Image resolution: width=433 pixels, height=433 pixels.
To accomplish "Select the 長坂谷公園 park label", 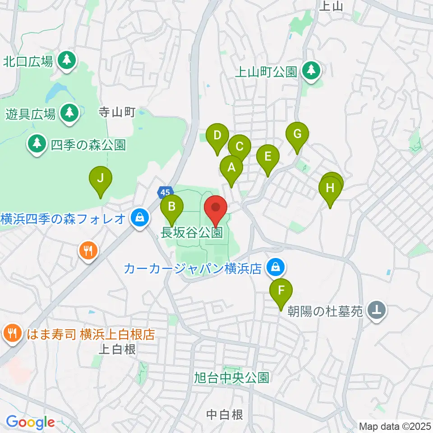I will click(x=192, y=233).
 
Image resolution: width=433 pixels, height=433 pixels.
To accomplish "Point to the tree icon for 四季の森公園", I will click(x=37, y=144).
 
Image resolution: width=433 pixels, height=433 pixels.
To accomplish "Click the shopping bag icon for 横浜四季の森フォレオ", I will click(x=139, y=218).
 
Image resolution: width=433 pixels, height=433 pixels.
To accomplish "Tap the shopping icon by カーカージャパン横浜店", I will click(x=274, y=268).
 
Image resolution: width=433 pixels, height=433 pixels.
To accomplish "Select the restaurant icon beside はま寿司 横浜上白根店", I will click(x=11, y=334).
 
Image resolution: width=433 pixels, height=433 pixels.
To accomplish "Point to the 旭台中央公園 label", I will click(x=232, y=377).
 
